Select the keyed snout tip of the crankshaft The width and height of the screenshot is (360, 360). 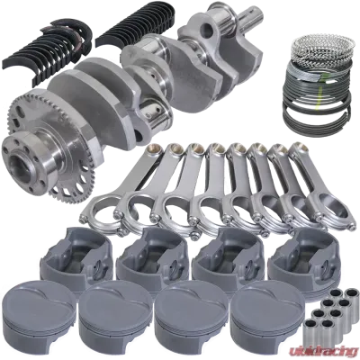pos(254,13)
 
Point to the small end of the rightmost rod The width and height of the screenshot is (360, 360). pos(298,148)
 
